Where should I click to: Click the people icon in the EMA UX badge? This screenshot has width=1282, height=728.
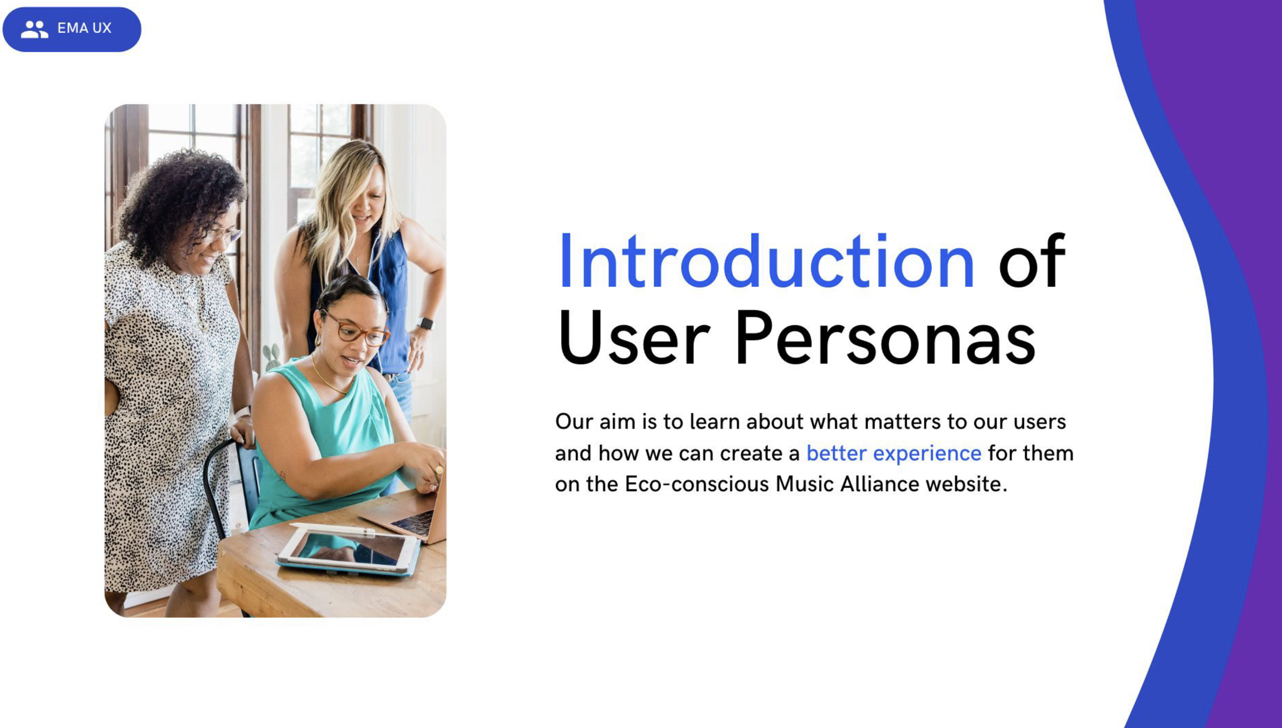[34, 29]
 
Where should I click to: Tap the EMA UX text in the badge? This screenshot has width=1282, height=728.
[84, 28]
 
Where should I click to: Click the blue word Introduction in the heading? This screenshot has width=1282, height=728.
[766, 262]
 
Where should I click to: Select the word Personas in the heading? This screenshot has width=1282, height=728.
[885, 339]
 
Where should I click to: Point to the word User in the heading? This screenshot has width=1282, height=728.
[634, 339]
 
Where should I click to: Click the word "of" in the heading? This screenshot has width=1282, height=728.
[1032, 262]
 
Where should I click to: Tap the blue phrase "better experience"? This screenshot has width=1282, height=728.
[894, 453]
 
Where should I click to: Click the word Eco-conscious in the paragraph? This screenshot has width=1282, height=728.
[695, 484]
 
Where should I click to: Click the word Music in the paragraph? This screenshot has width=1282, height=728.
[804, 484]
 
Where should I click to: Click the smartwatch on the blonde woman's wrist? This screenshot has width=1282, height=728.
[425, 323]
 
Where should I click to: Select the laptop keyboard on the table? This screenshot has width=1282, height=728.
[413, 523]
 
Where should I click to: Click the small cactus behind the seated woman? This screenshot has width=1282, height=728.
[272, 355]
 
